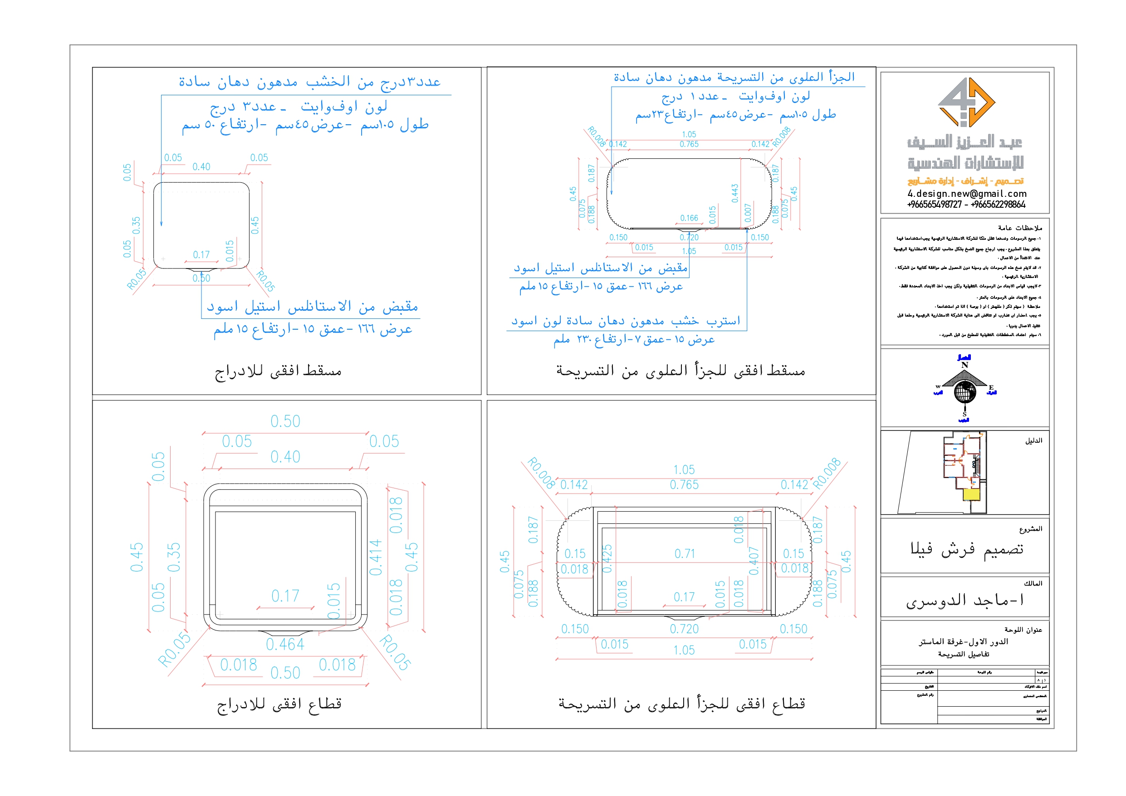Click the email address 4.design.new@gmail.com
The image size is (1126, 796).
(x=967, y=194)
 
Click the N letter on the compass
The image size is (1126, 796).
(x=964, y=365)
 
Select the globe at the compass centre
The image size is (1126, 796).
(x=964, y=392)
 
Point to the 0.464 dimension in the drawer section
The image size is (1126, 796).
(x=285, y=645)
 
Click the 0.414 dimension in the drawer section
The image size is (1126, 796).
(x=375, y=557)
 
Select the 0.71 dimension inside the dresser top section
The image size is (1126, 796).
(x=685, y=554)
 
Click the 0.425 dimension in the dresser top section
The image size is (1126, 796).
(x=607, y=558)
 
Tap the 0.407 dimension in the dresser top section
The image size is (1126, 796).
(x=754, y=561)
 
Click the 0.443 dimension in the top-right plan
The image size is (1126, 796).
(x=734, y=193)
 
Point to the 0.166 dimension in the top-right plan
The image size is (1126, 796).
(x=689, y=218)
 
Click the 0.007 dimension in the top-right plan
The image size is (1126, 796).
(x=748, y=213)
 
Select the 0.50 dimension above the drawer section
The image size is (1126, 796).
(x=285, y=421)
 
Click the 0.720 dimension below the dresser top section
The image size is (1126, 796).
(x=684, y=629)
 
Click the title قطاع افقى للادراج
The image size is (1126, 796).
(x=279, y=704)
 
